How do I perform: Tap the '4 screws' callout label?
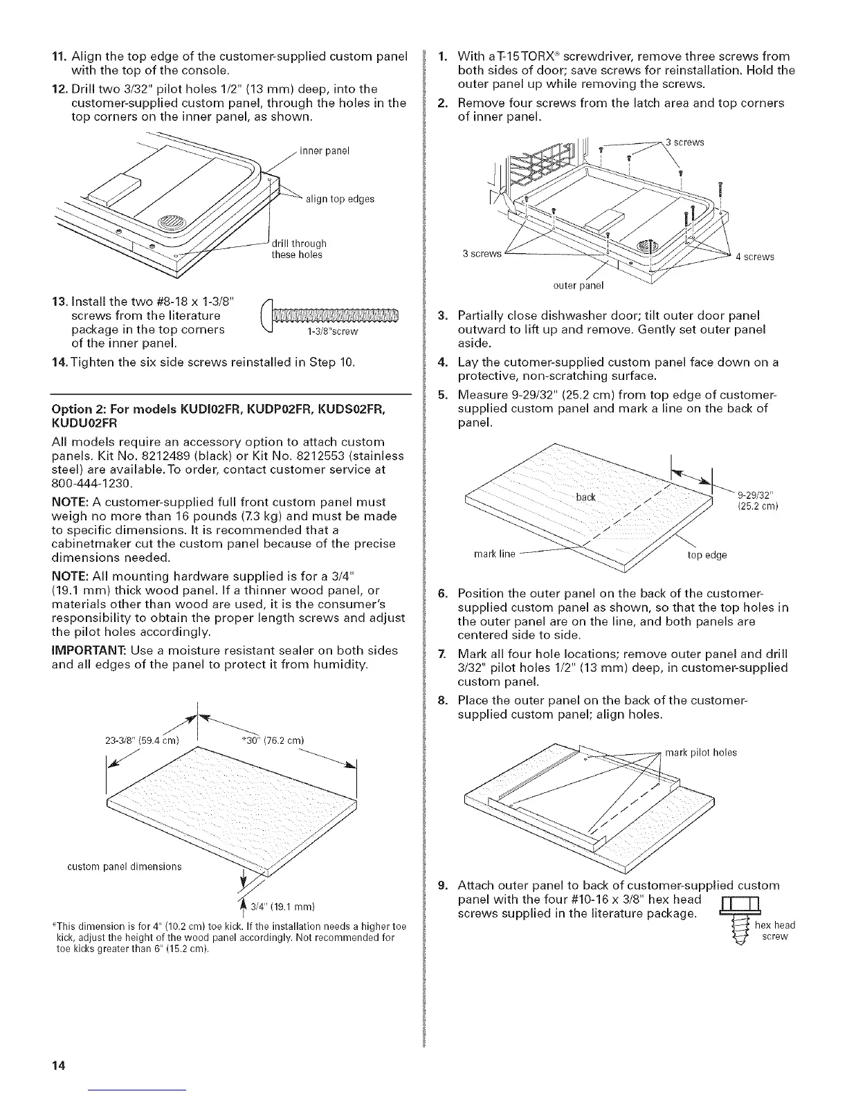click(755, 257)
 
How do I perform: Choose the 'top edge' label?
click(706, 554)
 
